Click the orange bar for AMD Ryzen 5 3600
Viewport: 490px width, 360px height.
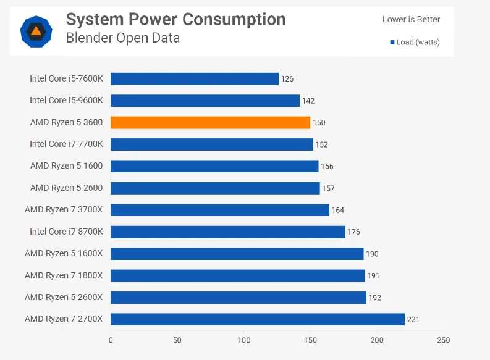tap(210, 122)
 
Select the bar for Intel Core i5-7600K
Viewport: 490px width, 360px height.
tap(195, 78)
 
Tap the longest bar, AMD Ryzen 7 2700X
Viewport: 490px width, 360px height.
tap(258, 319)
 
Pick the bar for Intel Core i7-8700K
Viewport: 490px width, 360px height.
tap(228, 232)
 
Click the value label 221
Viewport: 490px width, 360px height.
tap(414, 319)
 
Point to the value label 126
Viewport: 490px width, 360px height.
tap(287, 79)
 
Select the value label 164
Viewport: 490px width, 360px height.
tap(338, 211)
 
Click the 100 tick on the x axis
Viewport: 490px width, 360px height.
tap(244, 340)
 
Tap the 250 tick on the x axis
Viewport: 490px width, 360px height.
tap(444, 340)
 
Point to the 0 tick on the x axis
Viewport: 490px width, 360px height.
tap(111, 340)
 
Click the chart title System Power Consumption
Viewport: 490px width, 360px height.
tap(175, 19)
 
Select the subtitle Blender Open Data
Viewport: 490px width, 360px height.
tap(123, 38)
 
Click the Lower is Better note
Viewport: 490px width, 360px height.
tap(411, 19)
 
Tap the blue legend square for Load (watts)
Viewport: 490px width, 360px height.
tap(392, 42)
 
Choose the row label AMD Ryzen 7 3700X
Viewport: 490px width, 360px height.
tap(64, 210)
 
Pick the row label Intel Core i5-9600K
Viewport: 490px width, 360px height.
tap(66, 100)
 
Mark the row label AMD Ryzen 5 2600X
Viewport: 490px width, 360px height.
tap(64, 297)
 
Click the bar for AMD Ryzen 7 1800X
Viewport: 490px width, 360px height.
tap(238, 275)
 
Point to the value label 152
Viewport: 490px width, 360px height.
tap(321, 144)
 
